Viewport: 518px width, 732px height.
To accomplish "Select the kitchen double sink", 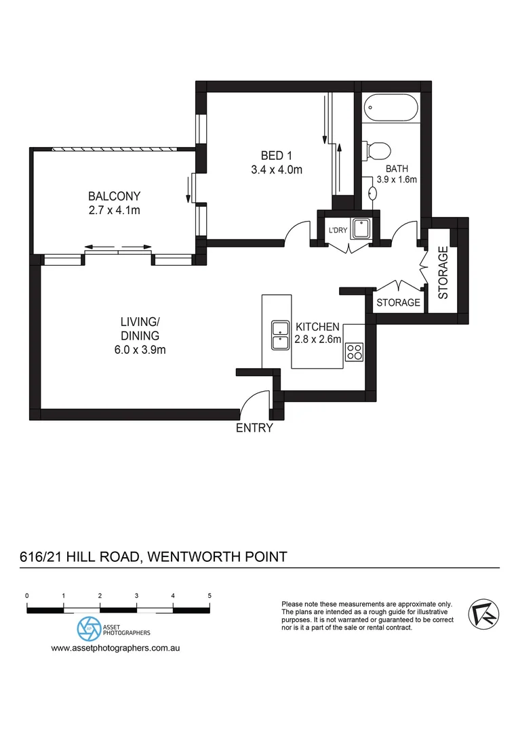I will coord(279,335).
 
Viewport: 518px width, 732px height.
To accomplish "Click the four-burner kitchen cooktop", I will coord(355,351).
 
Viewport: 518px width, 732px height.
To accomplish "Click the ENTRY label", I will coord(254,428).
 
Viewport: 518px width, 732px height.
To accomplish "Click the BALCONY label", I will coord(114,197).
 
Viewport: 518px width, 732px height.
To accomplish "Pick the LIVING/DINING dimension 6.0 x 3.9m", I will coord(140,350).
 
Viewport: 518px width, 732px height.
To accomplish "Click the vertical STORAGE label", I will coord(443,273).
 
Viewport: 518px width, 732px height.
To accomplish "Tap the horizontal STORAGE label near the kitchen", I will coord(398,302).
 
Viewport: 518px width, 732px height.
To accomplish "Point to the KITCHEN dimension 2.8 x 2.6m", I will coord(317,340).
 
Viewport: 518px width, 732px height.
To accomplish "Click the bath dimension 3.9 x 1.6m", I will coord(397,180).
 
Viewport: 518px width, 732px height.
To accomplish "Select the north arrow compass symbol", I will coord(484,613).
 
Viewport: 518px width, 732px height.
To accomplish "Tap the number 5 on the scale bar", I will coord(210,596).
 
